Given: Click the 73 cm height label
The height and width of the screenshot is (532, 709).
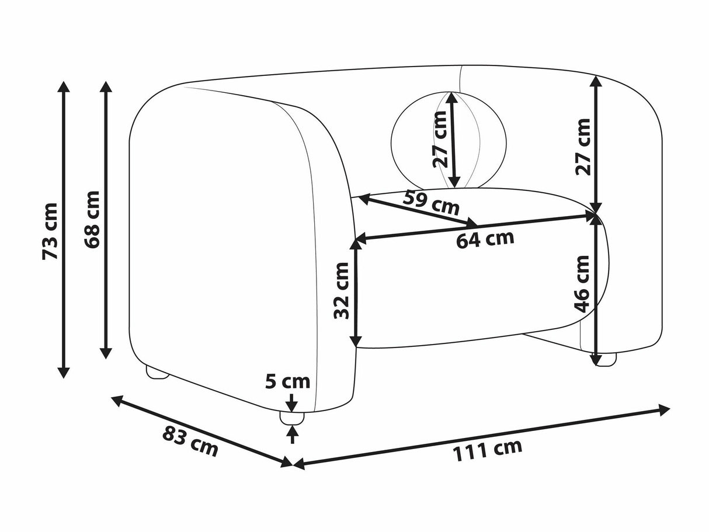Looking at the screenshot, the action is tap(50, 231).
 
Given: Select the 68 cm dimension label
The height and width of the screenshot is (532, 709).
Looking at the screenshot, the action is tap(92, 220).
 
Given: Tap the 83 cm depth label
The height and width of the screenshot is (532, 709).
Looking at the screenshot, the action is tap(190, 442).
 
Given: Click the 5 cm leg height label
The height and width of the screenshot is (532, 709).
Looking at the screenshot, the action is tap(287, 382).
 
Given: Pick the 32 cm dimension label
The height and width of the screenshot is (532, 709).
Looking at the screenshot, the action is tap(342, 291).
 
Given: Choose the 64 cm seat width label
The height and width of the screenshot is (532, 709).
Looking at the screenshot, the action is tap(485, 239).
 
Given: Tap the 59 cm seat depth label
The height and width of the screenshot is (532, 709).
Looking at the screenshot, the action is tap(431, 203).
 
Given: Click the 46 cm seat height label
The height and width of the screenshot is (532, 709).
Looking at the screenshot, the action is tap(582, 284).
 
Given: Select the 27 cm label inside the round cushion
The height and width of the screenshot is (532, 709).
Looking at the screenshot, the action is tap(440, 140).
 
